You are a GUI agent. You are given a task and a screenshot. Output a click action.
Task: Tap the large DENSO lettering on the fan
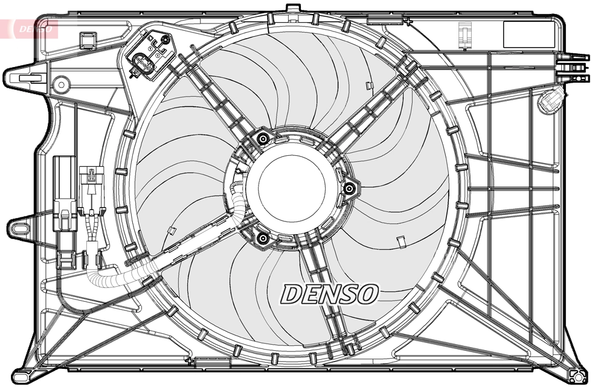point(330,294)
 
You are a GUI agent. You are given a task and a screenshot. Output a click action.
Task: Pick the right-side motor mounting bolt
point(349,190)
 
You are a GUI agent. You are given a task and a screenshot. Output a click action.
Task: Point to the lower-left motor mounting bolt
point(262,240)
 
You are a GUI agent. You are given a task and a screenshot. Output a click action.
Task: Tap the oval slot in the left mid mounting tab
point(18,228)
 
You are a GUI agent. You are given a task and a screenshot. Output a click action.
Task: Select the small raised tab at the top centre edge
point(292,8)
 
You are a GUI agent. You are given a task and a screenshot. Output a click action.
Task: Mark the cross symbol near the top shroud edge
point(409,22)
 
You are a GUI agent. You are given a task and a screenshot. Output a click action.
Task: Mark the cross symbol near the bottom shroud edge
point(190,362)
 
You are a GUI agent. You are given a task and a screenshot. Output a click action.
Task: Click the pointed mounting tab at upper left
point(24,78)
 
